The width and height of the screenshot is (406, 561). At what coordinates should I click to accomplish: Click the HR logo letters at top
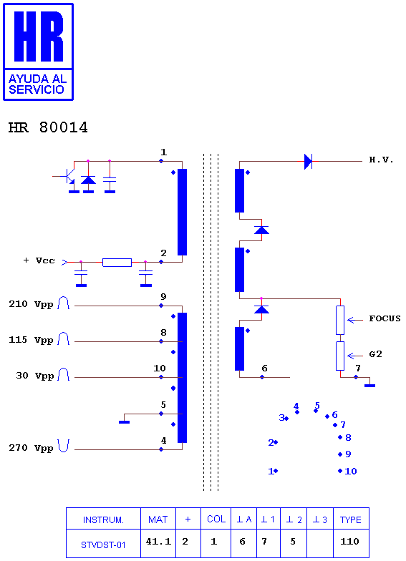(x=39, y=36)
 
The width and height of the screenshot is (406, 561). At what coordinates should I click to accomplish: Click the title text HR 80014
(x=48, y=127)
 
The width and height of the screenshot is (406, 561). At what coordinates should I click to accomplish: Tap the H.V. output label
(x=381, y=160)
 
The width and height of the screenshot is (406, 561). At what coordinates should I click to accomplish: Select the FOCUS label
(x=385, y=318)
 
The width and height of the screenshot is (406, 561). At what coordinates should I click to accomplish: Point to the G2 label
(x=375, y=354)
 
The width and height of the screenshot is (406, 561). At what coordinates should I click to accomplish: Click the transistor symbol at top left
(x=68, y=176)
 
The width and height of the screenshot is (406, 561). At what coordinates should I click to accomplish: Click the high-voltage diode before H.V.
(x=308, y=162)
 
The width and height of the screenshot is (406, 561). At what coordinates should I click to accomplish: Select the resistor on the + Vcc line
(x=117, y=262)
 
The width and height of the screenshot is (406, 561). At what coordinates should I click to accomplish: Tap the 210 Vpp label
(x=32, y=304)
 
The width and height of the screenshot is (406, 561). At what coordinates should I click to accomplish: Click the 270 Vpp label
(x=32, y=448)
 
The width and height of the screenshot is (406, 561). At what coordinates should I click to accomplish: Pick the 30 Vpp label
(x=34, y=376)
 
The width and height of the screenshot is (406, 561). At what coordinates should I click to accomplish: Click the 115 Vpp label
(x=32, y=340)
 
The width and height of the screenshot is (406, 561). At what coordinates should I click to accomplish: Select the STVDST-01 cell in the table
(x=103, y=545)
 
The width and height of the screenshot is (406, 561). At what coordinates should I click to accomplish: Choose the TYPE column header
(x=351, y=519)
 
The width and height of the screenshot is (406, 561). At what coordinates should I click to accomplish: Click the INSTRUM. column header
(x=103, y=519)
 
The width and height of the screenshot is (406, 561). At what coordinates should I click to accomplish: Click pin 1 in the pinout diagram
(x=274, y=471)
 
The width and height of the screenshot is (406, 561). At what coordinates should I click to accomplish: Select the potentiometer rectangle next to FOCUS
(x=340, y=320)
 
